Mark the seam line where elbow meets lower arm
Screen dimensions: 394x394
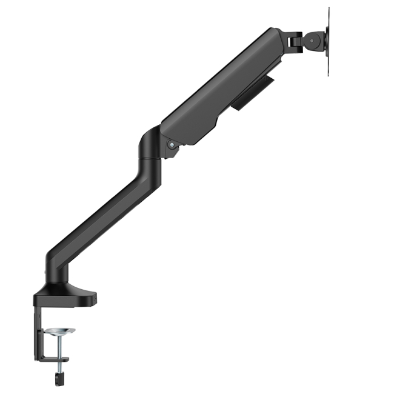(146, 159)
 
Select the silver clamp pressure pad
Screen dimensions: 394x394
(60, 331)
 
